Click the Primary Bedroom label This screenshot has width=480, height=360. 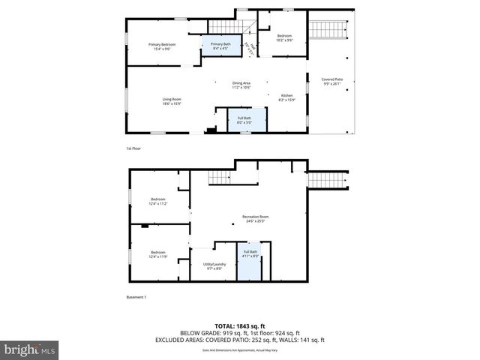(157, 47)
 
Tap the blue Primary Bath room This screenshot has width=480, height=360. (220, 46)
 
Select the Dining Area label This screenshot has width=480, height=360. (241, 85)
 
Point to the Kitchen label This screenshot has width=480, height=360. (286, 97)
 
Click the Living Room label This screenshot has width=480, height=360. (172, 101)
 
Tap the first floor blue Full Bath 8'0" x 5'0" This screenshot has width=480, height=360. (244, 119)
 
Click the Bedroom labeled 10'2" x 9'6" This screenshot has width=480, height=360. (284, 37)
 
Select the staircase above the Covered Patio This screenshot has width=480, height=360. (330, 31)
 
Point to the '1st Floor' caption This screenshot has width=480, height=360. (133, 148)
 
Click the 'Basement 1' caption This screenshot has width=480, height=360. (136, 297)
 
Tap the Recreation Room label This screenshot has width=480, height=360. (256, 218)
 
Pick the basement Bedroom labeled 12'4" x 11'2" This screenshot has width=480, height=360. (157, 201)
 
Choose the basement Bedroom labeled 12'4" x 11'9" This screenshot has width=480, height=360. (157, 254)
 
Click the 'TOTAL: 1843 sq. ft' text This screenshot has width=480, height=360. (239, 325)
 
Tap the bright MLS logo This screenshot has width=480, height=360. (29, 349)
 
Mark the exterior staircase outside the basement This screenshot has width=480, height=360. (327, 180)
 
